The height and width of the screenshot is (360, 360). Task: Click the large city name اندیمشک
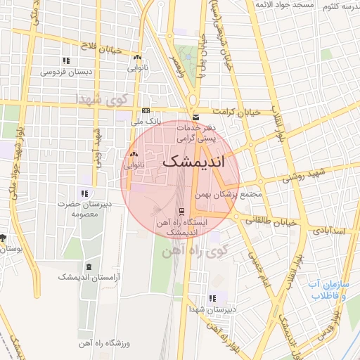(195, 161)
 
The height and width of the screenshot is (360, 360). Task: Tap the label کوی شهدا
(104, 100)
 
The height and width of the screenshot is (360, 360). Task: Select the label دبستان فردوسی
(63, 72)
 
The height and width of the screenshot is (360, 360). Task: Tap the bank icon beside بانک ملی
(146, 111)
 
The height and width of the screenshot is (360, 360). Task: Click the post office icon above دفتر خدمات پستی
(195, 117)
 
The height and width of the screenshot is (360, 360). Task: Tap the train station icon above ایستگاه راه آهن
(182, 210)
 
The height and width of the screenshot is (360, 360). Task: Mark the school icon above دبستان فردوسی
(65, 60)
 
